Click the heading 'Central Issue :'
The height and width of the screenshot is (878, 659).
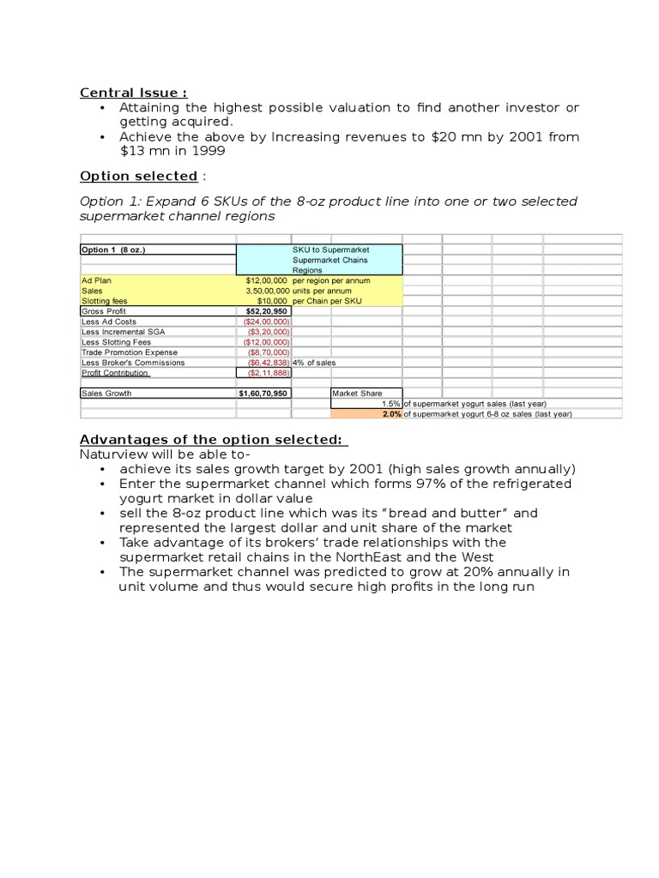[x=133, y=93]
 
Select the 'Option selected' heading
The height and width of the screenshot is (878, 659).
[x=138, y=176]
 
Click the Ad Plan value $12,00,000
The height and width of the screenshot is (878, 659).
[x=266, y=280]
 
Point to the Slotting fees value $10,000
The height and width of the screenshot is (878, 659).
[x=272, y=301]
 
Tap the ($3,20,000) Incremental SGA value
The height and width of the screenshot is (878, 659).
[x=269, y=332]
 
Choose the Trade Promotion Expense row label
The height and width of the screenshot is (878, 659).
[x=130, y=352]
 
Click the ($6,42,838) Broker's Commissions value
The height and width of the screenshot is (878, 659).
[x=264, y=363]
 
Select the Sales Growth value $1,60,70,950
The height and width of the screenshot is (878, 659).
[x=263, y=394]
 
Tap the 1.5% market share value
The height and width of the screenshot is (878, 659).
[x=391, y=404]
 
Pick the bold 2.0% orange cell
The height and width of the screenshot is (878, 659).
[x=391, y=414]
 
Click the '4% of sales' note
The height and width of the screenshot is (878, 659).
[x=314, y=363]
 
